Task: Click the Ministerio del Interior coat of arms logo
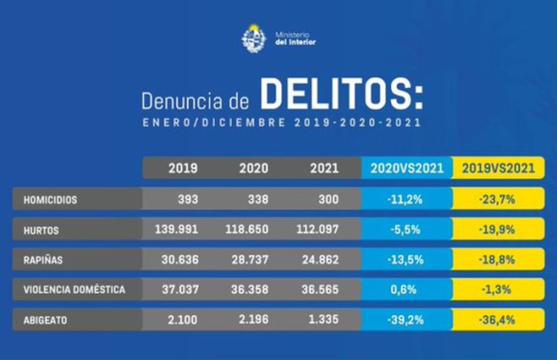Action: (254, 38)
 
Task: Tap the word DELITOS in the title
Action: (339, 96)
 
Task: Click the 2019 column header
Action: (183, 169)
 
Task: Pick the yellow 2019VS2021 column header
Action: (498, 169)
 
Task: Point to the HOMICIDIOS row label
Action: (51, 200)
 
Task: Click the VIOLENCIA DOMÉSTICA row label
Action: (74, 290)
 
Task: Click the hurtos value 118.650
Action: (247, 230)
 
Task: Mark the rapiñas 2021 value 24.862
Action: (315, 259)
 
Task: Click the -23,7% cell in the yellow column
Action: (498, 200)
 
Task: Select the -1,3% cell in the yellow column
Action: (498, 290)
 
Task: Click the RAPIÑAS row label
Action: (44, 259)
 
